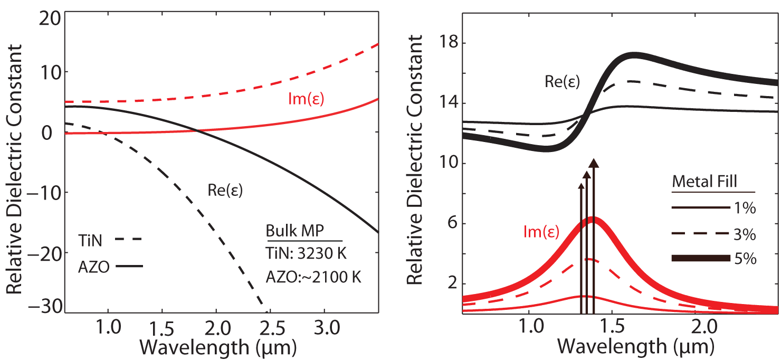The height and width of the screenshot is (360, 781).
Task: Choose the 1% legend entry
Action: point(713,209)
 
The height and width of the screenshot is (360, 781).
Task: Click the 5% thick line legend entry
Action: point(713,259)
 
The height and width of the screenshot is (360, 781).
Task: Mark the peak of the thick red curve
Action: point(593,220)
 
